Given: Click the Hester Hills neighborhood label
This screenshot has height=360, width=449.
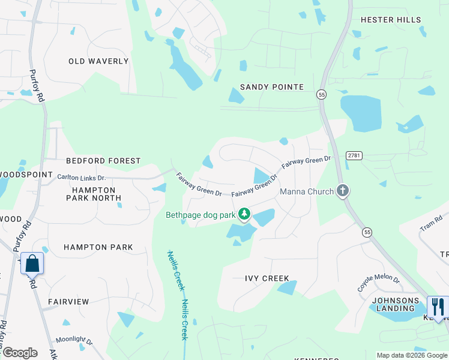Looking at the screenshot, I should coord(391,20).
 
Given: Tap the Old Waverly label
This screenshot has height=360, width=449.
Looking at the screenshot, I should coord(98,61).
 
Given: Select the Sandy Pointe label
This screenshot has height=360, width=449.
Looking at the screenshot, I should coord(272,87).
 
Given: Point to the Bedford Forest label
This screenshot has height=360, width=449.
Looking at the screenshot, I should coord(103,161).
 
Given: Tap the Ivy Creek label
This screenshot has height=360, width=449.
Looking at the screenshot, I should coord(267,278).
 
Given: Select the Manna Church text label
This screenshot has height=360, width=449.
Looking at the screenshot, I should coord(307,192).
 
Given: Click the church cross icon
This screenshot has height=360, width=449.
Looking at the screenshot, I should coord(343,191).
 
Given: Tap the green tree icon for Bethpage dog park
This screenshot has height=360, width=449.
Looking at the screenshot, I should coord(244,214).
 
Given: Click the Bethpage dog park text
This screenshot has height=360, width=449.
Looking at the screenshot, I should coord(200,214).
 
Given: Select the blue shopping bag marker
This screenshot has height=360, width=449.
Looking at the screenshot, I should coord(32,263).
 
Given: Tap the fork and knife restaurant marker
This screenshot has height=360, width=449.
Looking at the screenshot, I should coord(438,307).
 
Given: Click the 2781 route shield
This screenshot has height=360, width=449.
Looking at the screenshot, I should coord(355,155).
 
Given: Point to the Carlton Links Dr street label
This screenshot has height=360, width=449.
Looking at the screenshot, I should coord(81,178).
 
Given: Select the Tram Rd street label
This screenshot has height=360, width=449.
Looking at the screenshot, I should coord(427,224).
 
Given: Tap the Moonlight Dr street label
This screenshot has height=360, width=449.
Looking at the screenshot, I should coord(74,340).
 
